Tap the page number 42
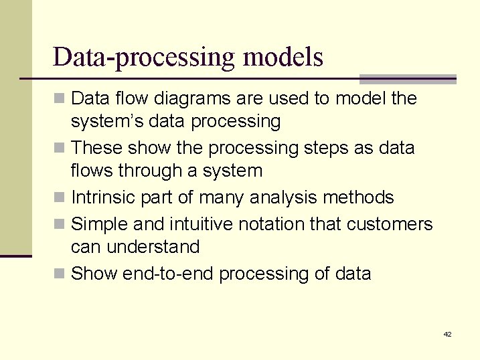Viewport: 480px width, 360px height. point(447,334)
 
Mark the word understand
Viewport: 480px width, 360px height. point(151,247)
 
